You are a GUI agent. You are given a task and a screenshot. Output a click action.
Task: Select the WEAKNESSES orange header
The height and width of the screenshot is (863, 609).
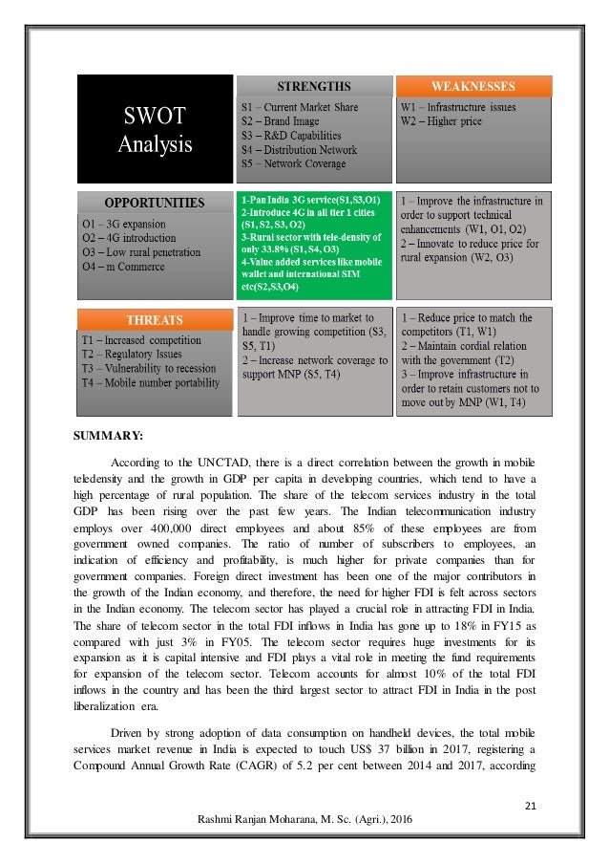pyautogui.click(x=473, y=85)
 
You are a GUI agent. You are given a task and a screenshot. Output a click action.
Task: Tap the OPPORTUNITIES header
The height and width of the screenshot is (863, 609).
pyautogui.click(x=153, y=202)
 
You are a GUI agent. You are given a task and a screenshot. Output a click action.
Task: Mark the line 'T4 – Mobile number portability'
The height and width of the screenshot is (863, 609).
pyautogui.click(x=150, y=382)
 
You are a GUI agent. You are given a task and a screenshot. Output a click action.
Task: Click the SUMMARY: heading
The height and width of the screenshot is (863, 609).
pyautogui.click(x=108, y=437)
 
